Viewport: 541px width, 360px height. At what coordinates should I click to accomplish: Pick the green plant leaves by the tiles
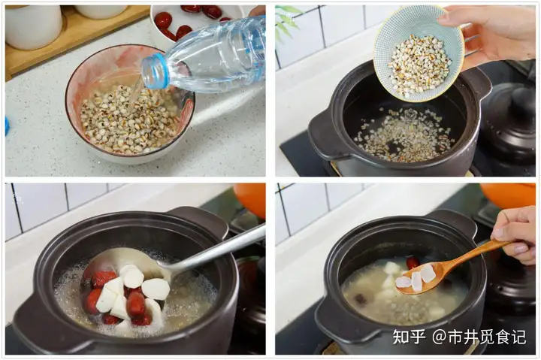[286, 22]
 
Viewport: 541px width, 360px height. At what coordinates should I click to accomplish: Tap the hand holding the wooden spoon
[517, 233]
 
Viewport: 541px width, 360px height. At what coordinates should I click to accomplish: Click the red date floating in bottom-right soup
[413, 262]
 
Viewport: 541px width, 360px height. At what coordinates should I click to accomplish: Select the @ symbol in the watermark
[440, 337]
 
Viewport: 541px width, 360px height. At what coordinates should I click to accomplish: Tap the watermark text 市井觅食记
[488, 337]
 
